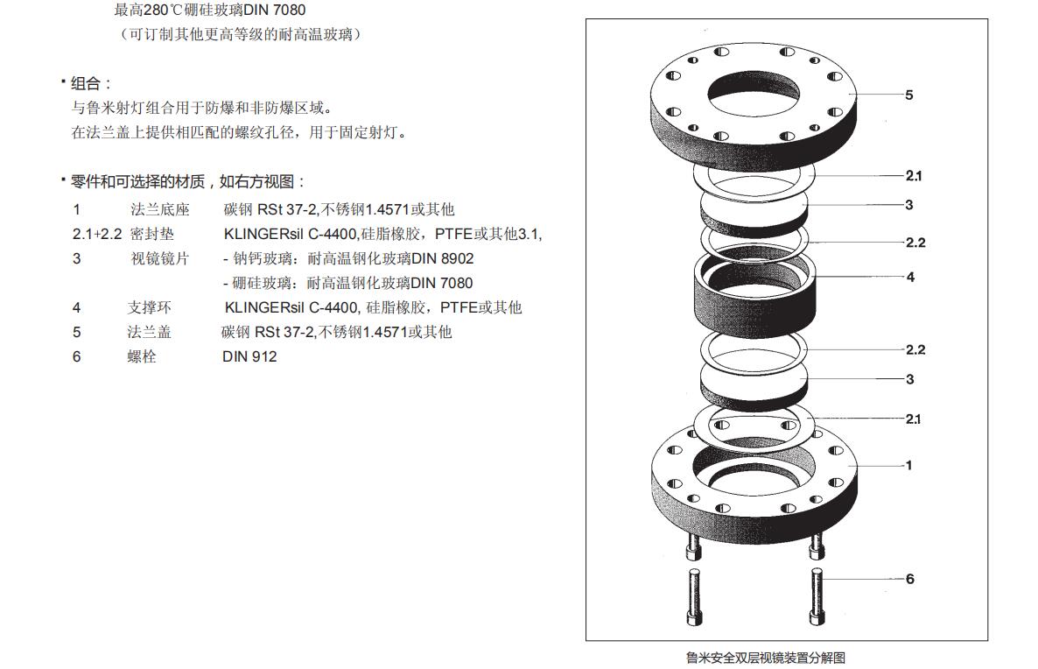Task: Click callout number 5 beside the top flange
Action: (x=909, y=95)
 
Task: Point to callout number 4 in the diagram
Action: (x=910, y=277)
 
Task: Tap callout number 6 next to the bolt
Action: (x=910, y=579)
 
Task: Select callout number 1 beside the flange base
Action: (x=909, y=465)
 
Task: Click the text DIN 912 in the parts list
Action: (x=249, y=356)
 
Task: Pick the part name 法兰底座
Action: (x=159, y=209)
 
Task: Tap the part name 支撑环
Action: (x=149, y=307)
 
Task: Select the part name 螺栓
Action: (x=142, y=356)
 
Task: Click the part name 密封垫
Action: (x=152, y=234)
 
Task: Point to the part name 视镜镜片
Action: (x=159, y=258)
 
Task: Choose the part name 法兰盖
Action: (x=149, y=332)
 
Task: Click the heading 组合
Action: (x=86, y=83)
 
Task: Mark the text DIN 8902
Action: (x=443, y=258)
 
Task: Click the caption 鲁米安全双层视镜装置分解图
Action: (x=766, y=658)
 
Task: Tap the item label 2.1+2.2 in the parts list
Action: (x=97, y=234)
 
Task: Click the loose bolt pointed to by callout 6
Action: (x=817, y=596)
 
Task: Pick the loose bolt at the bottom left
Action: (x=694, y=596)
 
